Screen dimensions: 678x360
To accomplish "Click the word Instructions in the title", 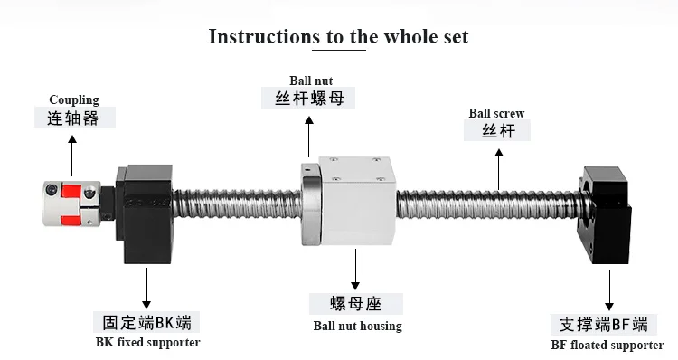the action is [x=264, y=37].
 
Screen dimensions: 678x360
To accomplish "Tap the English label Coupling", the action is [x=74, y=100].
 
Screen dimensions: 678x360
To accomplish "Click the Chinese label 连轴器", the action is [x=73, y=118].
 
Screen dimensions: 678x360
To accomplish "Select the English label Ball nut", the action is [x=311, y=81].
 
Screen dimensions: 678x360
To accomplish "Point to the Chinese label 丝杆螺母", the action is [x=309, y=99].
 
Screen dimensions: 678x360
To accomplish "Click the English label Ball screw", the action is [x=496, y=113].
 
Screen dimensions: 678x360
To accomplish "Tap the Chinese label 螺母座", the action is [x=355, y=304].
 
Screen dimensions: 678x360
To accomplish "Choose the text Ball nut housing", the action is [x=358, y=326].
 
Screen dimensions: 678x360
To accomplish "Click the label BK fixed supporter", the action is [x=148, y=342].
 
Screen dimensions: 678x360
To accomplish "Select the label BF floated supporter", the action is [x=607, y=345].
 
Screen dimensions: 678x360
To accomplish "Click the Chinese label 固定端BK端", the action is [x=147, y=322].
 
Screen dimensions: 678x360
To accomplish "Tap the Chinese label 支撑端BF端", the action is [x=604, y=325].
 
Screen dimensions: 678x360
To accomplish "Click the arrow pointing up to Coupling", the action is [x=72, y=156].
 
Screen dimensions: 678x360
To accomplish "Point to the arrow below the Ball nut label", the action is [x=309, y=137].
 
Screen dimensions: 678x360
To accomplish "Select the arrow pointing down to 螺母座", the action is [x=355, y=270].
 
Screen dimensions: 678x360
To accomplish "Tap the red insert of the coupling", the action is [x=70, y=204].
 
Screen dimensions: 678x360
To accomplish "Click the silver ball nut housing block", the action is [x=358, y=200].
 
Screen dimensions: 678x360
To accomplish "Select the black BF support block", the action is [x=605, y=215].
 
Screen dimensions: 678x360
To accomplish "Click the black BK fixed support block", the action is [x=145, y=213].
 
